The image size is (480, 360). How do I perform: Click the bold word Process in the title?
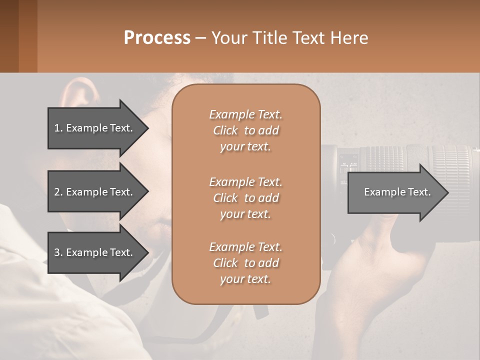(157, 38)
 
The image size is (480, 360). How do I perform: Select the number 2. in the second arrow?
(58, 192)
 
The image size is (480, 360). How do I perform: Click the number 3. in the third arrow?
(58, 252)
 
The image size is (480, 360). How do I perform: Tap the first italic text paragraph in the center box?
(245, 130)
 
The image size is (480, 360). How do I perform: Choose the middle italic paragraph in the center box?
(245, 197)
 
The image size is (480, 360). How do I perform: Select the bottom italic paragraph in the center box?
(245, 263)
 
